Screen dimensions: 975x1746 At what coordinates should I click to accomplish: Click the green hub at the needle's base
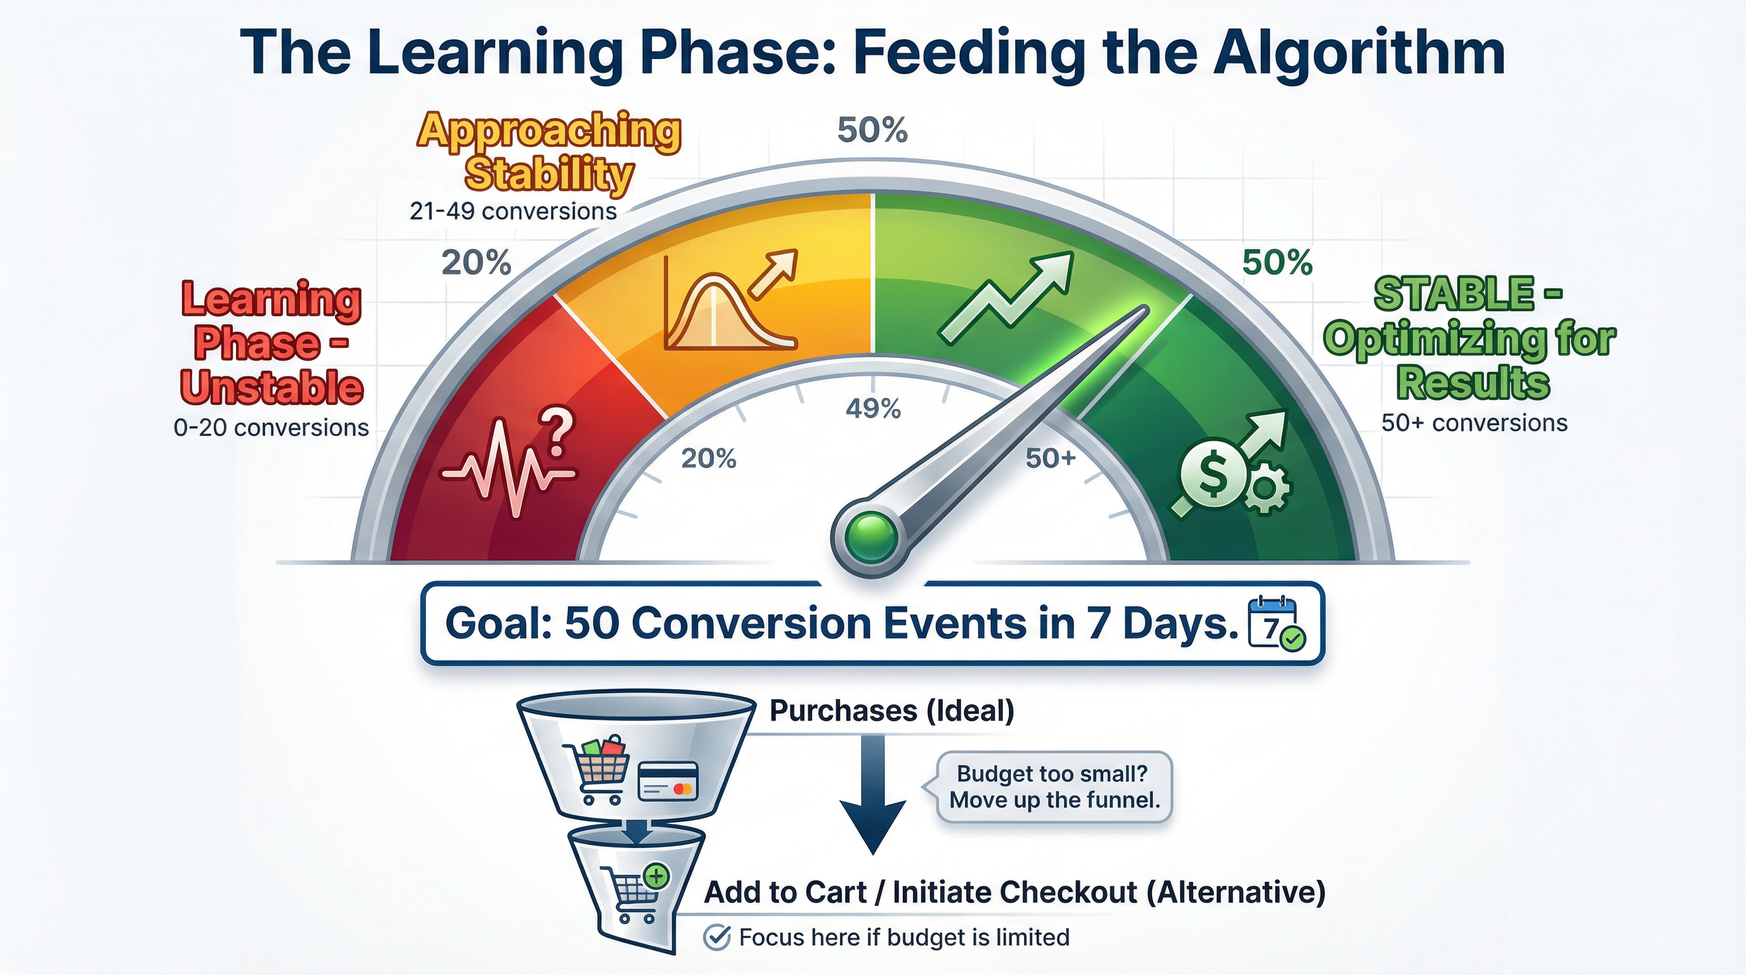(x=872, y=536)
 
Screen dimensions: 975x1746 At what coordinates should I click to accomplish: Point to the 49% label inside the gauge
(x=873, y=409)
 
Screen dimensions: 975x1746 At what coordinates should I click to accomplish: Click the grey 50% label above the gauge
(x=872, y=130)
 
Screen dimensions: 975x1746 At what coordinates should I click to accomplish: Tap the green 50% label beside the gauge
(x=1277, y=262)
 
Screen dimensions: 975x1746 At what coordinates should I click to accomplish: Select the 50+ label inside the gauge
(x=1050, y=459)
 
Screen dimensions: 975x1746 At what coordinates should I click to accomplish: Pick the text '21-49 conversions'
(x=513, y=211)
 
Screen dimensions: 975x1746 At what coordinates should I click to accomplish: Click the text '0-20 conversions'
(x=271, y=428)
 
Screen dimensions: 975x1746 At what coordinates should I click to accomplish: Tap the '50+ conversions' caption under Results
(x=1474, y=423)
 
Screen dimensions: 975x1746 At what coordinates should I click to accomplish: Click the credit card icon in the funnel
(x=668, y=781)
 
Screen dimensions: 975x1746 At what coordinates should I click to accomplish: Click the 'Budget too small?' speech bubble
(x=1054, y=787)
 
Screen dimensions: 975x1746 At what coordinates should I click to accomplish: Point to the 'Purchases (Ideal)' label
(x=892, y=710)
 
